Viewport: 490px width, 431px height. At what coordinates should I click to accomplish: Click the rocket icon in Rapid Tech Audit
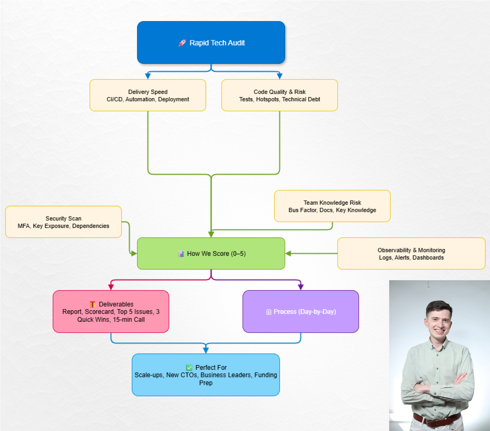(182, 43)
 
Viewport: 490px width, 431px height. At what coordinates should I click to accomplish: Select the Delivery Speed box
(148, 95)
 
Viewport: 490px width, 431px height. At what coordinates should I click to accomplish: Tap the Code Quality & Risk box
(279, 95)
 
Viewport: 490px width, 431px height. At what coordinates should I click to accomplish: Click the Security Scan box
(63, 222)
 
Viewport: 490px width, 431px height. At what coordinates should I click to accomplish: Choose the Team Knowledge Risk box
(332, 206)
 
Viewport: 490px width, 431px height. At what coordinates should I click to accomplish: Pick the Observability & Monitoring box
(411, 253)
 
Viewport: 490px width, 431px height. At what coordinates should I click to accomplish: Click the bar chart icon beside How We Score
(181, 254)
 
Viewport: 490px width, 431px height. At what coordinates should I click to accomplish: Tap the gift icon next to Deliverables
(93, 304)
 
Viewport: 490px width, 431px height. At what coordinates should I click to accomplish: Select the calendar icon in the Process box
(269, 312)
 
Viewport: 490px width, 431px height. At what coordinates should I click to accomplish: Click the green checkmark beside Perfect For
(189, 367)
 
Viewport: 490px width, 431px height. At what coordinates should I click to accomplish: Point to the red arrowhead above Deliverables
(111, 287)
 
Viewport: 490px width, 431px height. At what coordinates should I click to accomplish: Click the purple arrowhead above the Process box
(301, 287)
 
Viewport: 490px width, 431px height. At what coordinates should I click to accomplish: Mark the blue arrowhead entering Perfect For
(206, 350)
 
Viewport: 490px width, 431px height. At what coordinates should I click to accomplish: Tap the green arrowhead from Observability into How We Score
(288, 253)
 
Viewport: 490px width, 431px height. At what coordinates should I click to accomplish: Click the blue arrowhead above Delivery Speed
(148, 76)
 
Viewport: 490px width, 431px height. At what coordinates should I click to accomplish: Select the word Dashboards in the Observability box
(428, 258)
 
